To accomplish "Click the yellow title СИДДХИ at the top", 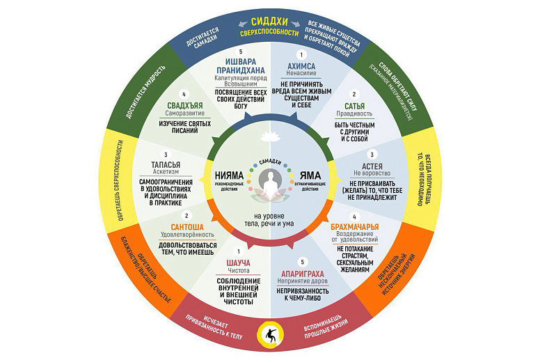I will [269, 22].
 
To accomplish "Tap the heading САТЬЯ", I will [354, 107].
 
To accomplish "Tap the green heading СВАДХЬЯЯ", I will [184, 107].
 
